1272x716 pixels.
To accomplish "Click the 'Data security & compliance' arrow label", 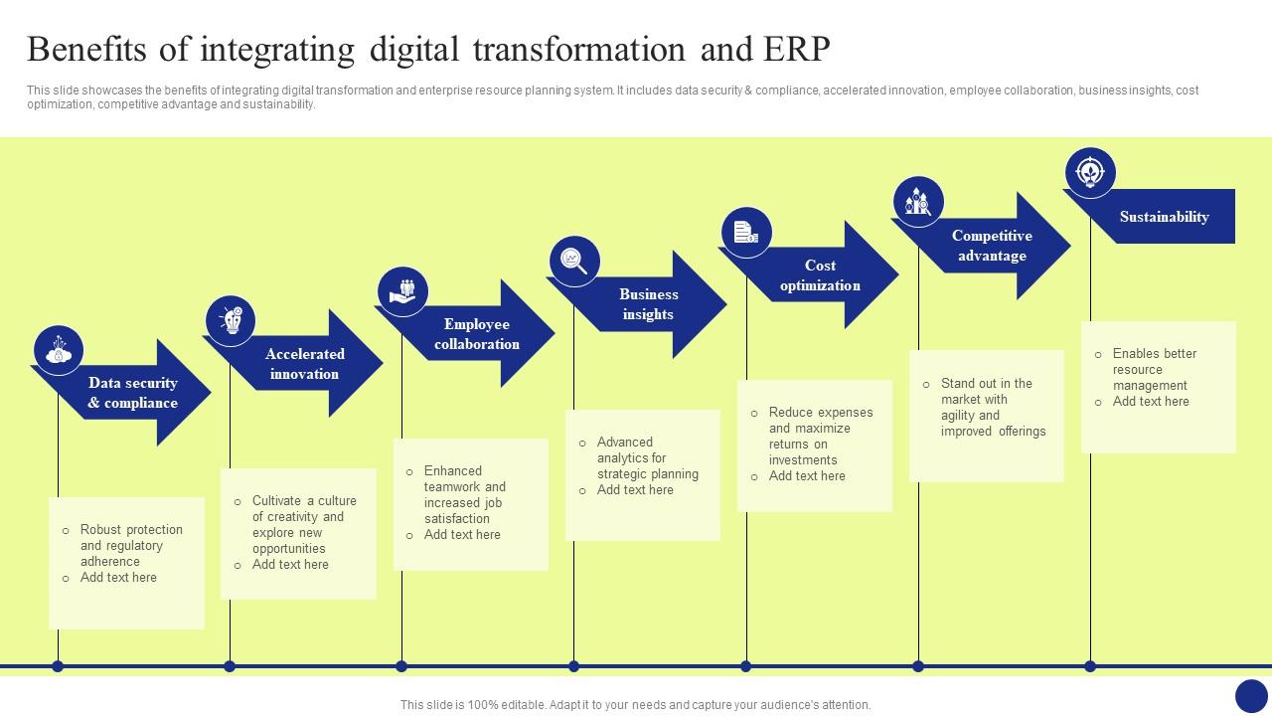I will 132,393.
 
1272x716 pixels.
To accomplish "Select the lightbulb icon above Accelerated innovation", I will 231,320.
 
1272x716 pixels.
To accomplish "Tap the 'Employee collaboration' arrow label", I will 476,334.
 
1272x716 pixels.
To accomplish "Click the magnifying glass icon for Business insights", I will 574,262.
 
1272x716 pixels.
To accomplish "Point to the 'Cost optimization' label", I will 820,275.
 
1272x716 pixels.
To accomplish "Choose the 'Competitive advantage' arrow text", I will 992,246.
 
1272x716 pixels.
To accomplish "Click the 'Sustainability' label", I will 1164,217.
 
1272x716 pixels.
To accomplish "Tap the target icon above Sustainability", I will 1090,173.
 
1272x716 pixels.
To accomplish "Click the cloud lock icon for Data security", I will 59,350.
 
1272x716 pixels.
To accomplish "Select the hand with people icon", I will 402,291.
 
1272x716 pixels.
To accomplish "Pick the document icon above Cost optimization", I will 746,233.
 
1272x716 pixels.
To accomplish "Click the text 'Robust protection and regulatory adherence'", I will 131,545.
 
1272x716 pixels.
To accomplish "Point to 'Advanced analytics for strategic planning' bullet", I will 647,457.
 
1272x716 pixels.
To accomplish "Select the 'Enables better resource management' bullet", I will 1154,369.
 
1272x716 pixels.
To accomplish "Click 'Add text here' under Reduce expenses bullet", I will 806,476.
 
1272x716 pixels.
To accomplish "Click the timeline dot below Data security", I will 58,666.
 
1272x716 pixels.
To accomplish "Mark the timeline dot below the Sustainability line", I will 1090,666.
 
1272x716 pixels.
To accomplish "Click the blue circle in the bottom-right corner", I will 1251,695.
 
